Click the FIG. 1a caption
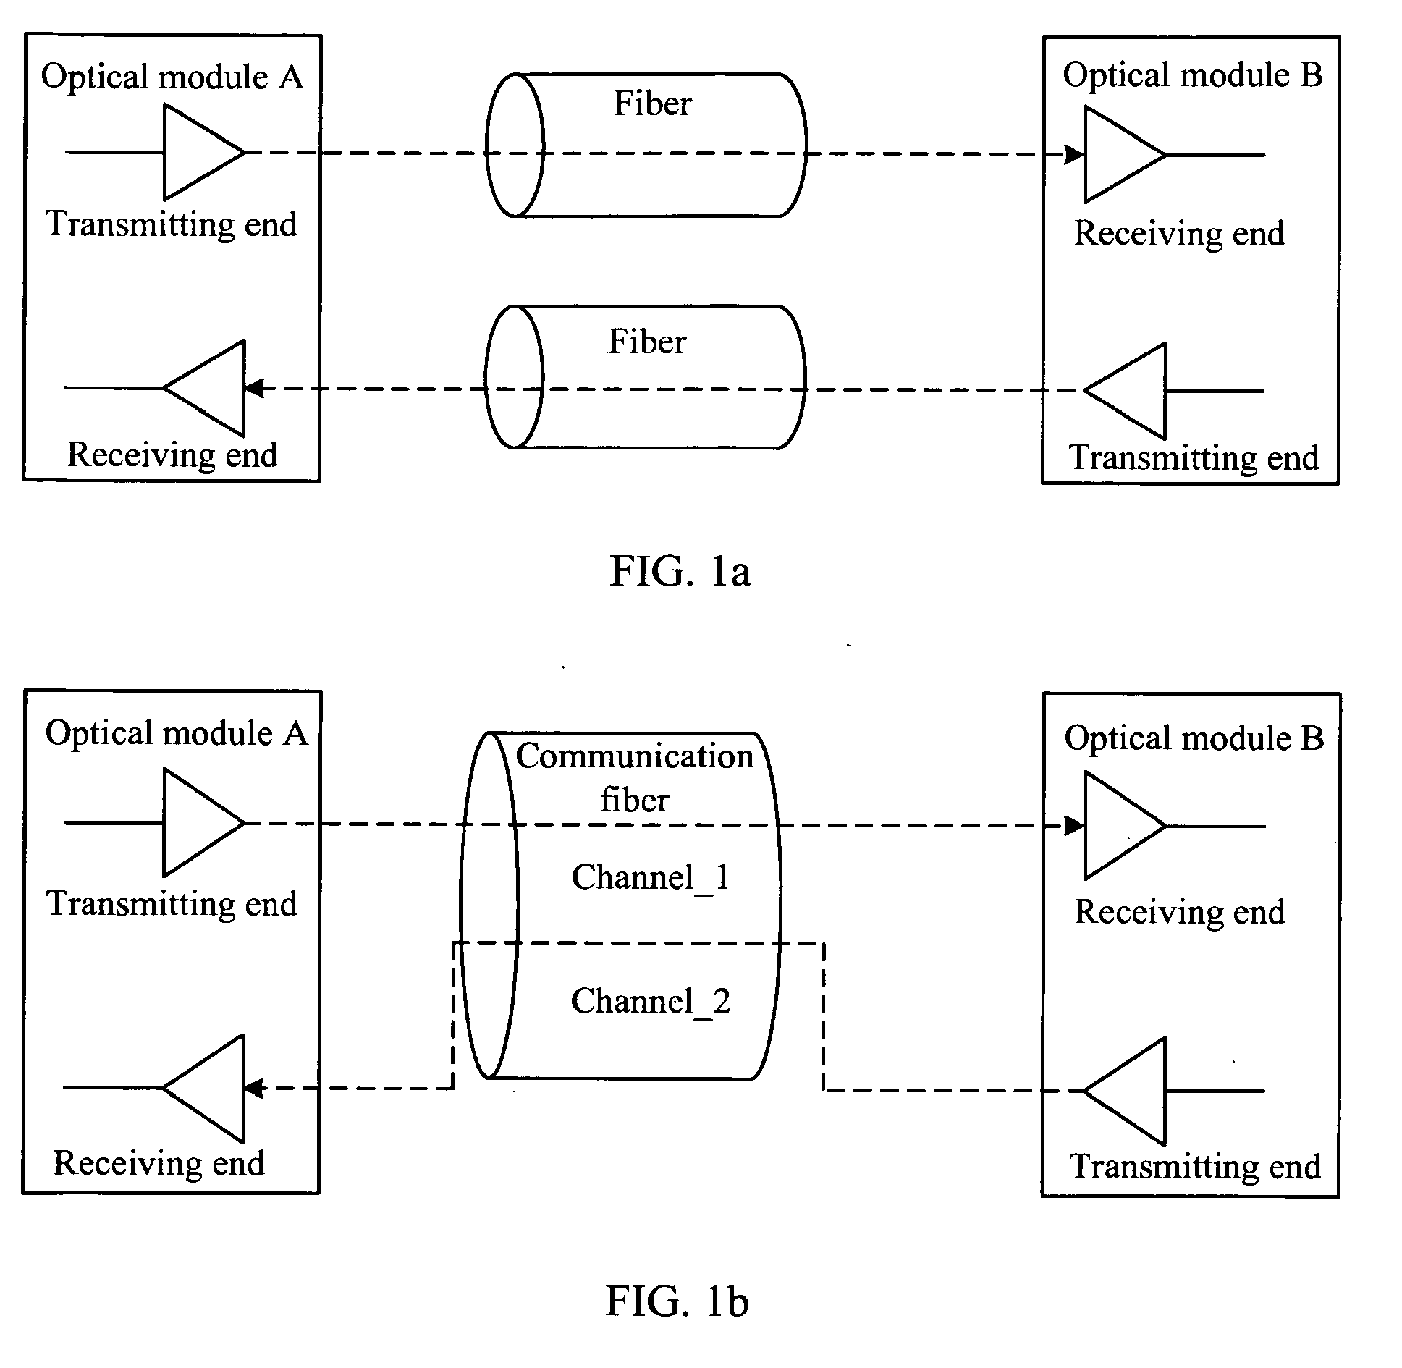(x=680, y=571)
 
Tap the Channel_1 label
(x=650, y=877)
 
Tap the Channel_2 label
(x=650, y=1002)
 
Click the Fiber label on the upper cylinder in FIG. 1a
(x=652, y=104)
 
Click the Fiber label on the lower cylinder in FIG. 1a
(x=646, y=342)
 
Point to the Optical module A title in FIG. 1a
(x=172, y=77)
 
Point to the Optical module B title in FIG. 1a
(x=1192, y=75)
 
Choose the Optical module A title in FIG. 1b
(x=176, y=733)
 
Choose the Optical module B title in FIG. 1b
(x=1194, y=738)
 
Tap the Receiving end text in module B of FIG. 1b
(x=1179, y=911)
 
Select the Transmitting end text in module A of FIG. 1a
(x=172, y=224)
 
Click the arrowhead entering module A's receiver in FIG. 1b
(x=253, y=1088)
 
